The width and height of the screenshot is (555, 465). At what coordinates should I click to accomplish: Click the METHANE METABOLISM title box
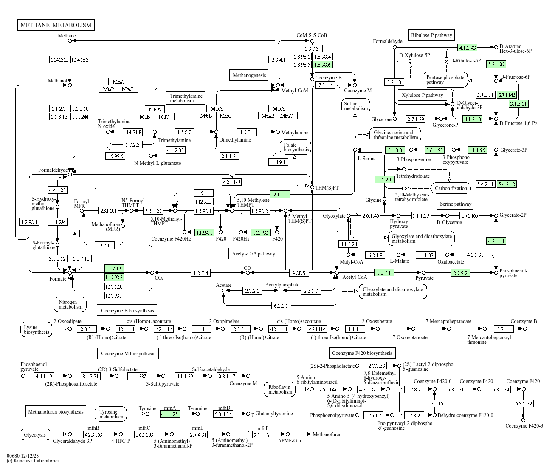pyautogui.click(x=56, y=25)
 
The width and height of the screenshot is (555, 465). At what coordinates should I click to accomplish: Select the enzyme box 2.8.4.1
pyautogui.click(x=278, y=60)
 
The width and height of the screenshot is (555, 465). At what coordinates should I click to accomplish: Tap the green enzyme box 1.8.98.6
pyautogui.click(x=323, y=65)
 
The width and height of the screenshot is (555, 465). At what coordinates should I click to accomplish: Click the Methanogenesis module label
pyautogui.click(x=249, y=75)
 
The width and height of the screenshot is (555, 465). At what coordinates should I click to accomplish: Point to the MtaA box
pyautogui.click(x=118, y=82)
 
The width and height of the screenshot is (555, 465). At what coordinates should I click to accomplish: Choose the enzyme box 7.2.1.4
pyautogui.click(x=325, y=85)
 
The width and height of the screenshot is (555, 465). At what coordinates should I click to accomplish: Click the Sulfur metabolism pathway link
pyautogui.click(x=356, y=106)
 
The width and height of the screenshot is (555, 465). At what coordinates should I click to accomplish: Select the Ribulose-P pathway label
pyautogui.click(x=431, y=35)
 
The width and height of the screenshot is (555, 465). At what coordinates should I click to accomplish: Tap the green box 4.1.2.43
pyautogui.click(x=467, y=48)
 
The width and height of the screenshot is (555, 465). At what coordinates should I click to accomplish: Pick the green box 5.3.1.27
pyautogui.click(x=496, y=65)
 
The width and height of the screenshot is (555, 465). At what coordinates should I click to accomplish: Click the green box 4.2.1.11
pyautogui.click(x=496, y=241)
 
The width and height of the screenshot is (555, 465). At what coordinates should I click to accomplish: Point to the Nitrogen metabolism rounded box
pyautogui.click(x=70, y=304)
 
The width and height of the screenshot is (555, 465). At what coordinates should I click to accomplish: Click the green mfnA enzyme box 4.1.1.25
pyautogui.click(x=170, y=414)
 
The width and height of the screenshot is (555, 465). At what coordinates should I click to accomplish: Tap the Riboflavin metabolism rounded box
pyautogui.click(x=280, y=389)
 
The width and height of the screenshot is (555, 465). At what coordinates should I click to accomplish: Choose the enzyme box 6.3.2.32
pyautogui.click(x=523, y=403)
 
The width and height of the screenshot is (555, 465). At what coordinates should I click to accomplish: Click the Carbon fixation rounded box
pyautogui.click(x=451, y=188)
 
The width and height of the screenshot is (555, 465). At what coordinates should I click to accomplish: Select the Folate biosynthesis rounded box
pyautogui.click(x=296, y=147)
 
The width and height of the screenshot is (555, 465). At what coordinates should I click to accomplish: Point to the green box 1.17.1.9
pyautogui.click(x=114, y=268)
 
